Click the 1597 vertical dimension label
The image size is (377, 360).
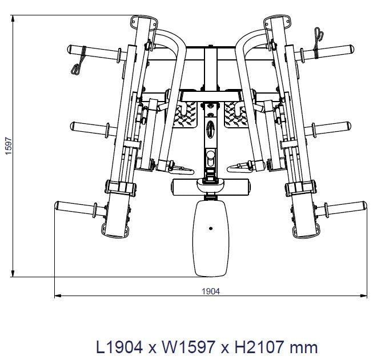[9, 146]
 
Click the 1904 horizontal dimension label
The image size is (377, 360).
[211, 292]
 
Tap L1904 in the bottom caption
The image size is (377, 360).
[119, 347]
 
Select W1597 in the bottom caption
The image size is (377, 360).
[188, 347]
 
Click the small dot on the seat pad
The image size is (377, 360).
[211, 228]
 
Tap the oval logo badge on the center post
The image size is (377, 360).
[210, 130]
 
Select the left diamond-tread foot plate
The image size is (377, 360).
[185, 115]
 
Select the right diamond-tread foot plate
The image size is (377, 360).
[235, 115]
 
